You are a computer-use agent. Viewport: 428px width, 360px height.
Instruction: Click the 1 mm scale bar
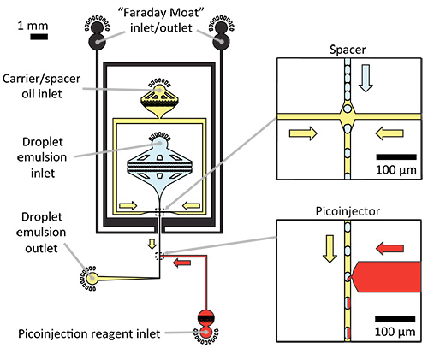point(39,37)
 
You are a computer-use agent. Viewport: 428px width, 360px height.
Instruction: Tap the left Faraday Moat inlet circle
point(97,42)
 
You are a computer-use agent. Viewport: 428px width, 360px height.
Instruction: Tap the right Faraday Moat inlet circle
point(221,42)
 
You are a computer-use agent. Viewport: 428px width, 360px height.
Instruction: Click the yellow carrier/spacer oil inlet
point(159,89)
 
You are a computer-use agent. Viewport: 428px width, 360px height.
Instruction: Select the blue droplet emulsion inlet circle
point(160,143)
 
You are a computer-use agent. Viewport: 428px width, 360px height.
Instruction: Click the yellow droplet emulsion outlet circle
point(92,279)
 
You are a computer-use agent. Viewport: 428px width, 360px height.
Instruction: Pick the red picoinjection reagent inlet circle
point(205,332)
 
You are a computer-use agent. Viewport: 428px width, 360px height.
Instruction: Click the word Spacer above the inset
point(348,50)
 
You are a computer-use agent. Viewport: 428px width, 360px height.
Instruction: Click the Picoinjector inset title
point(348,211)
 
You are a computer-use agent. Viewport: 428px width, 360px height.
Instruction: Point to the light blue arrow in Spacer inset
point(366,78)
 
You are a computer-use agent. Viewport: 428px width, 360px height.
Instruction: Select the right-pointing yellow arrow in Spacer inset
point(303,133)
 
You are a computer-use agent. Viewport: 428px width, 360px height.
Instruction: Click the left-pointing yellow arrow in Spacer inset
point(389,133)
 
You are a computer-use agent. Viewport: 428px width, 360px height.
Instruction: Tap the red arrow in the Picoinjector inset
point(389,248)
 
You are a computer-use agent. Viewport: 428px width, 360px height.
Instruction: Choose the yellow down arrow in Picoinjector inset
point(330,249)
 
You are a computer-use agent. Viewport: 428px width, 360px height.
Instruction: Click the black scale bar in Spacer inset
point(396,157)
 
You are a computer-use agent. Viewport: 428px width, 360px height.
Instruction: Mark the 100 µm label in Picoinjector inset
point(395,332)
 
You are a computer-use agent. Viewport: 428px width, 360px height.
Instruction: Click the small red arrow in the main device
point(182,263)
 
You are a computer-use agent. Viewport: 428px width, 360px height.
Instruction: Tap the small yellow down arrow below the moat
point(152,244)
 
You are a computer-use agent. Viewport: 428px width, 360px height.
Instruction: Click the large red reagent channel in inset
point(387,277)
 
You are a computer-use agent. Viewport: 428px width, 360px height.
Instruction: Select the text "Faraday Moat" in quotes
point(161,13)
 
